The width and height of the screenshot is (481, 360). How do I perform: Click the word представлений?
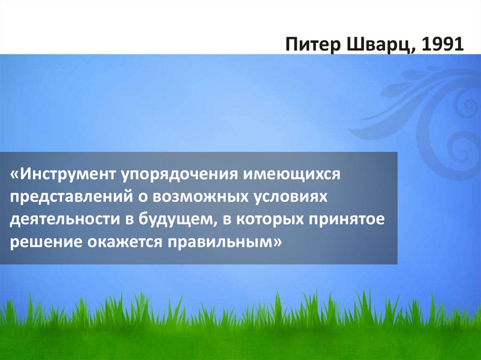click(70, 197)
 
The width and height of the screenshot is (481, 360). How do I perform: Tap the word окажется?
click(124, 242)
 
